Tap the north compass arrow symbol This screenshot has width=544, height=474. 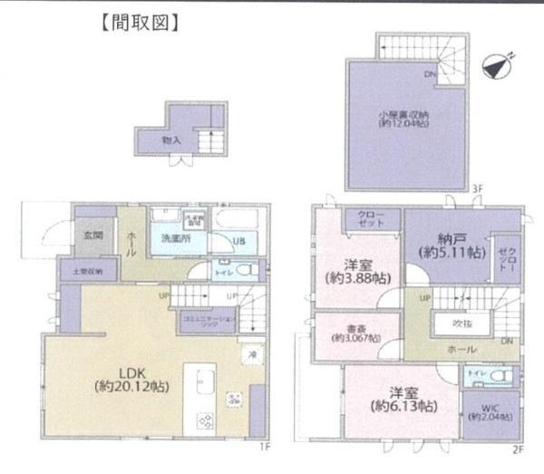pyautogui.click(x=497, y=65)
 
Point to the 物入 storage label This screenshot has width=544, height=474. pyautogui.click(x=171, y=140)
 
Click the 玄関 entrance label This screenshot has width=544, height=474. pyautogui.click(x=94, y=235)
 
